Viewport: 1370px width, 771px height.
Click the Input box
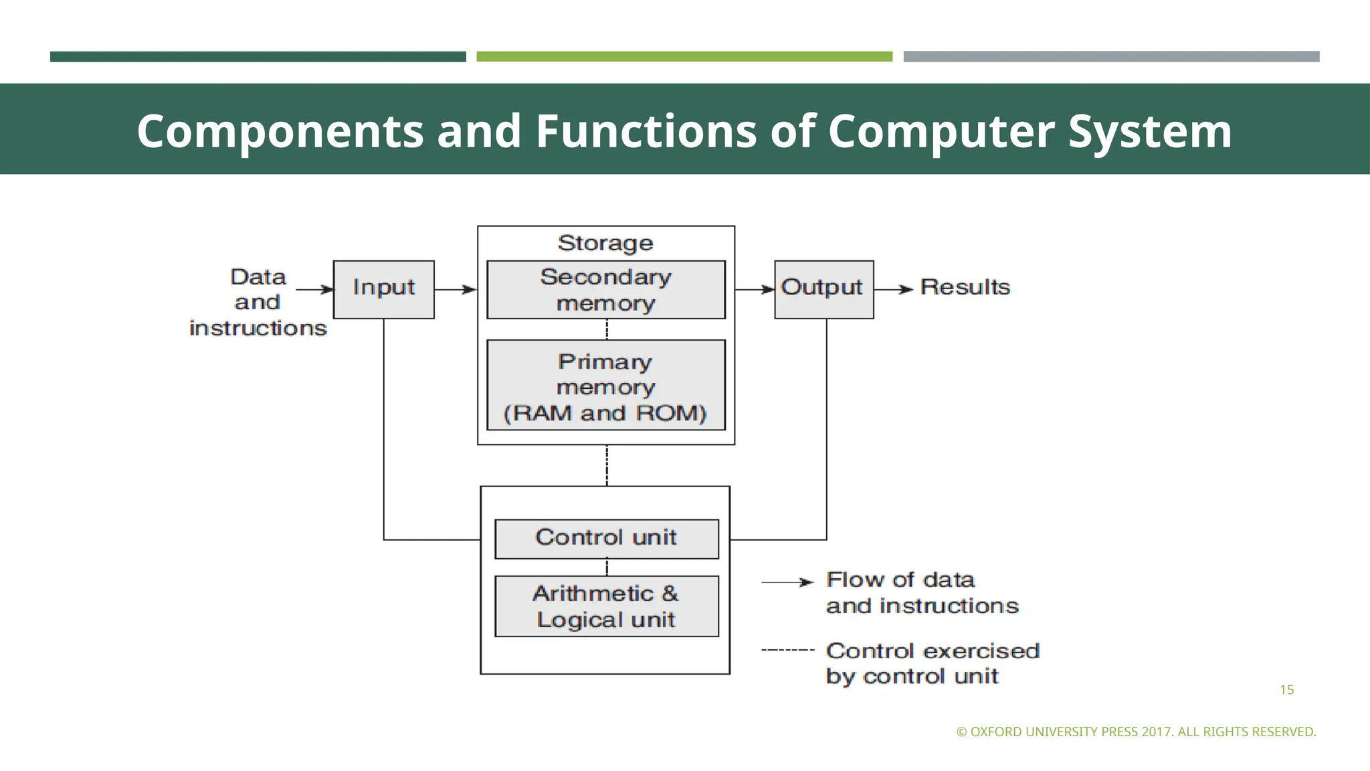pos(383,289)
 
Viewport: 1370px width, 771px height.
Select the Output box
pos(823,289)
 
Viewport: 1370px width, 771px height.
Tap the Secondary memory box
pos(605,290)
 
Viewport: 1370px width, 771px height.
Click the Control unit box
pos(606,539)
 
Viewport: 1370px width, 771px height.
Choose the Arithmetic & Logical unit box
pos(606,606)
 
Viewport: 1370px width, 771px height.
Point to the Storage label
pos(605,243)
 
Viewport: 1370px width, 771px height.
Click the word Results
pos(965,287)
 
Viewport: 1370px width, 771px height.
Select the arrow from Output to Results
pos(894,289)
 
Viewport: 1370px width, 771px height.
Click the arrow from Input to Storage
pos(456,289)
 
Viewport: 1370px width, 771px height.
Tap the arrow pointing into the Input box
pos(314,289)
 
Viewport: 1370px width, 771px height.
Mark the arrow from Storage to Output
pos(755,289)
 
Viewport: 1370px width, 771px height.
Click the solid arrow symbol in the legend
pos(787,582)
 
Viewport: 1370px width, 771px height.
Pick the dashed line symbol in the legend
pos(787,650)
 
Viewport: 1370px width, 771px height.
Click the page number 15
pos(1286,690)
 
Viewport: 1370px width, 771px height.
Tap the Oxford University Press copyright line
pos(1136,732)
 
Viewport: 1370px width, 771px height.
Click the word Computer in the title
pos(941,131)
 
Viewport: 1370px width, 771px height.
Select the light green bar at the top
pos(684,57)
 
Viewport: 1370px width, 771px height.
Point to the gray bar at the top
pos(1111,57)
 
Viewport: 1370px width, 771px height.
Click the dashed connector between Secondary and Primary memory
pos(607,329)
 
